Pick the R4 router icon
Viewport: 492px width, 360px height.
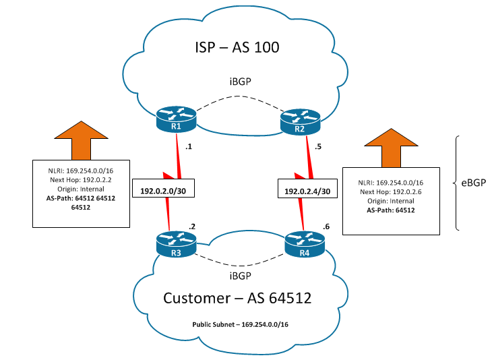305,245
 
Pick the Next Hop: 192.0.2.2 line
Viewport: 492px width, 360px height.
81,180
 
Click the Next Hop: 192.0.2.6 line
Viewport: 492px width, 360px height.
391,191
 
